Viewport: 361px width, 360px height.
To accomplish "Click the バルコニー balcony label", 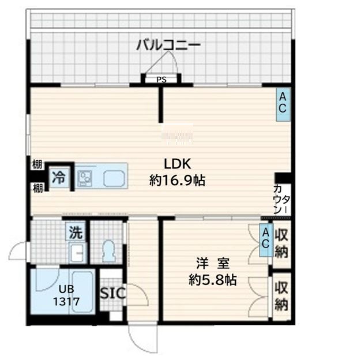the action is click(x=168, y=45).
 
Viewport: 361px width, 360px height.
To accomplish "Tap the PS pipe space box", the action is click(x=161, y=80).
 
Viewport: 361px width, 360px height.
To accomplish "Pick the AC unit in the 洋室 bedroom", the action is click(x=266, y=240).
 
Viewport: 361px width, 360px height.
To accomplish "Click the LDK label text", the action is click(x=177, y=164).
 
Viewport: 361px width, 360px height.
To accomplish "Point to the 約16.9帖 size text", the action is click(x=177, y=181).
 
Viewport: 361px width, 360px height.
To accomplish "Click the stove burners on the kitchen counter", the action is click(x=85, y=178).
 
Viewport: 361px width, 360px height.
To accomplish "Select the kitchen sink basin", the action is click(x=114, y=179).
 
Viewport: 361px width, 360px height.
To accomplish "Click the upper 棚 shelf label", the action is click(x=37, y=164).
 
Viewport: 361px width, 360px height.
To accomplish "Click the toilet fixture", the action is click(x=108, y=251).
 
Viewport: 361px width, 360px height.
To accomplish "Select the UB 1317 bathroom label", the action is click(x=66, y=295).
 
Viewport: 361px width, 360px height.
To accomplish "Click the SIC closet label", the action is click(x=113, y=293).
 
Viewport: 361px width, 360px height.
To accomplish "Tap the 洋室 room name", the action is click(x=213, y=263).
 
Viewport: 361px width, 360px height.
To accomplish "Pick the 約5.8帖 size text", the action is click(x=213, y=280).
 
